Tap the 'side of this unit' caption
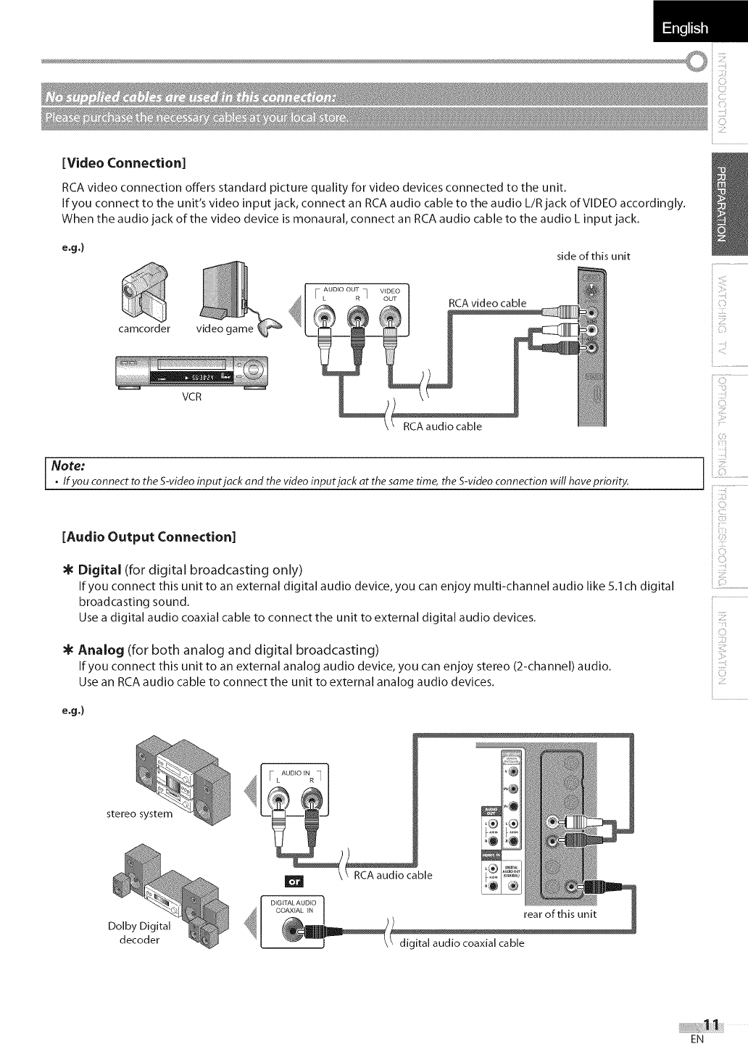594,255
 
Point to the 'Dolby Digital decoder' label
138,933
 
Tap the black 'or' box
294,882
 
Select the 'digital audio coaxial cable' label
462,943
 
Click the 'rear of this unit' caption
560,913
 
